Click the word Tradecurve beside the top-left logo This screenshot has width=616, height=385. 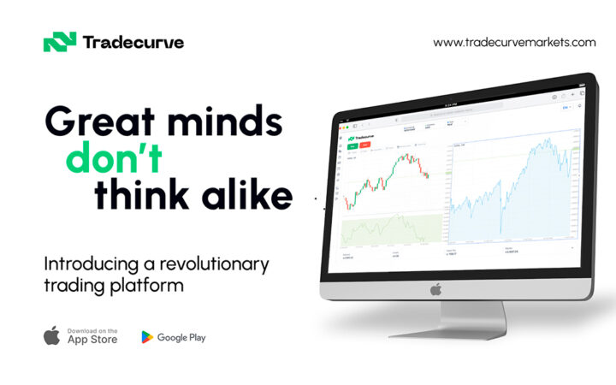tap(133, 41)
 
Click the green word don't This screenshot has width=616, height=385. tap(117, 160)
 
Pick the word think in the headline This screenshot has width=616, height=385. tap(138, 196)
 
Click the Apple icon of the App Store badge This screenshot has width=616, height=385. tap(52, 335)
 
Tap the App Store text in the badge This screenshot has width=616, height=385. tap(92, 339)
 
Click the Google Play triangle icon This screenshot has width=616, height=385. tap(148, 337)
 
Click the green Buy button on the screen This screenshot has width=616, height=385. tap(352, 146)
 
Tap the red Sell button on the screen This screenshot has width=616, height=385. tap(366, 145)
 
